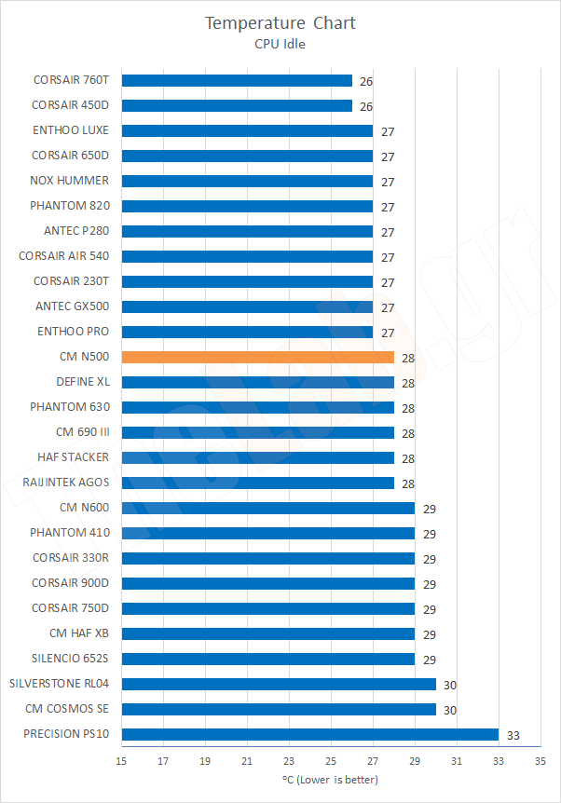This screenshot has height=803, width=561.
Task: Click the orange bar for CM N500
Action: tap(258, 357)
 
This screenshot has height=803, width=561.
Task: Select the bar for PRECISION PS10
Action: tap(310, 734)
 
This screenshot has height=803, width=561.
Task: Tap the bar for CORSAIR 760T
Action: tap(237, 80)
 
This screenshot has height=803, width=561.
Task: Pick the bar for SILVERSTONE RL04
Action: tap(279, 684)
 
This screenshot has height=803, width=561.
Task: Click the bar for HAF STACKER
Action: tap(258, 457)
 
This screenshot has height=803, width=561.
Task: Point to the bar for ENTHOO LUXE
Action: tap(247, 130)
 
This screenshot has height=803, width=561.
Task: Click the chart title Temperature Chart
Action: tap(280, 22)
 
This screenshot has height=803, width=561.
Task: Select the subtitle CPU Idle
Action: tap(280, 42)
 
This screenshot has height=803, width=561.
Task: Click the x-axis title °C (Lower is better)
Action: tap(330, 779)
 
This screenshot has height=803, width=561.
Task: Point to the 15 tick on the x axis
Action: tap(122, 761)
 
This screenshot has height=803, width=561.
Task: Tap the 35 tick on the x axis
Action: tap(540, 761)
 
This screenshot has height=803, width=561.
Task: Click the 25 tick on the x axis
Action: tap(331, 761)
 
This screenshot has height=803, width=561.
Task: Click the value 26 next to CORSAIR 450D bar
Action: tap(366, 106)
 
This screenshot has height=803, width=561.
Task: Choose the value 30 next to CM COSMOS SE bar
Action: tap(450, 710)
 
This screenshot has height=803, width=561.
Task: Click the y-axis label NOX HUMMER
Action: tap(70, 181)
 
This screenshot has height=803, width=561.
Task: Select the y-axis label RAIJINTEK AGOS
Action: tap(66, 483)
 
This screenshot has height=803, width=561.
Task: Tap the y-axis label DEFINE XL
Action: tap(82, 382)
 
